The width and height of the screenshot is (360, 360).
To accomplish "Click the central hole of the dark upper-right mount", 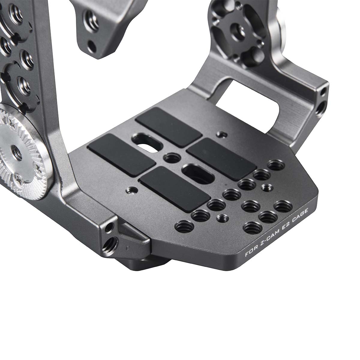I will pos(237,30).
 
